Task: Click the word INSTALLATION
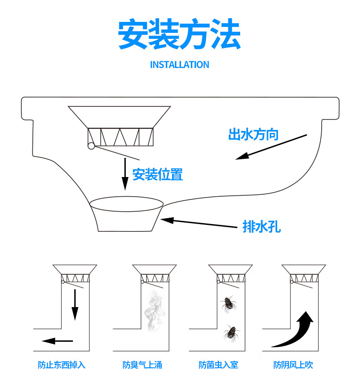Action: tap(180, 65)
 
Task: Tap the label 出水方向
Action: tap(253, 135)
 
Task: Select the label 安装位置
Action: tap(158, 174)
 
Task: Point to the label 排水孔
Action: tap(262, 227)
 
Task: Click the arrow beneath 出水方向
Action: tap(271, 147)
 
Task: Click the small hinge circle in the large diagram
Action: tap(91, 146)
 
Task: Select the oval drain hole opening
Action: tap(126, 204)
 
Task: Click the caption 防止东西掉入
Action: tap(62, 365)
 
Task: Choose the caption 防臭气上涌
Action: tap(142, 365)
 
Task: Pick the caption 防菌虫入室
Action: tap(218, 365)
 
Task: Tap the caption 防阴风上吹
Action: tap(293, 365)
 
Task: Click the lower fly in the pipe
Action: tap(231, 333)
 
